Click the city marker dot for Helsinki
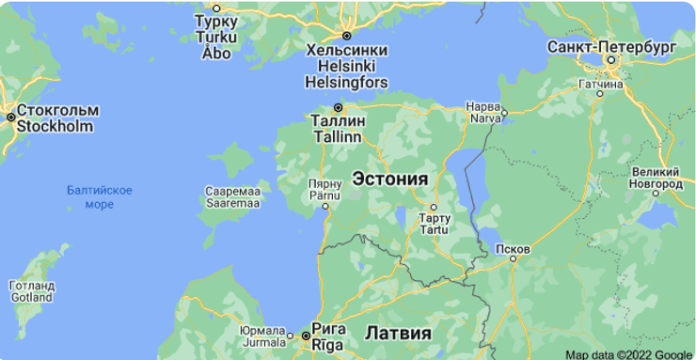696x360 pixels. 346,36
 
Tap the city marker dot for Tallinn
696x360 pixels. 338,107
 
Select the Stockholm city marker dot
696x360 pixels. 10,117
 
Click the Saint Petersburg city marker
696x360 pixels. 610,61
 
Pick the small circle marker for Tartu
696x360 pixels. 434,207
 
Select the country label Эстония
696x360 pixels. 389,179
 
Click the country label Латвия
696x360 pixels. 398,333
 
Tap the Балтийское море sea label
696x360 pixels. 99,197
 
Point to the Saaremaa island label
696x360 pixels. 226,196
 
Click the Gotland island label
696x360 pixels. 31,291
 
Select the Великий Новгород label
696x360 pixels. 656,179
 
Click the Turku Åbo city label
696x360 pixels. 215,37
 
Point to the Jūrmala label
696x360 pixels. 261,337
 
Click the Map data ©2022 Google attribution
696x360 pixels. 628,354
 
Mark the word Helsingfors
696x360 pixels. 346,82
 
